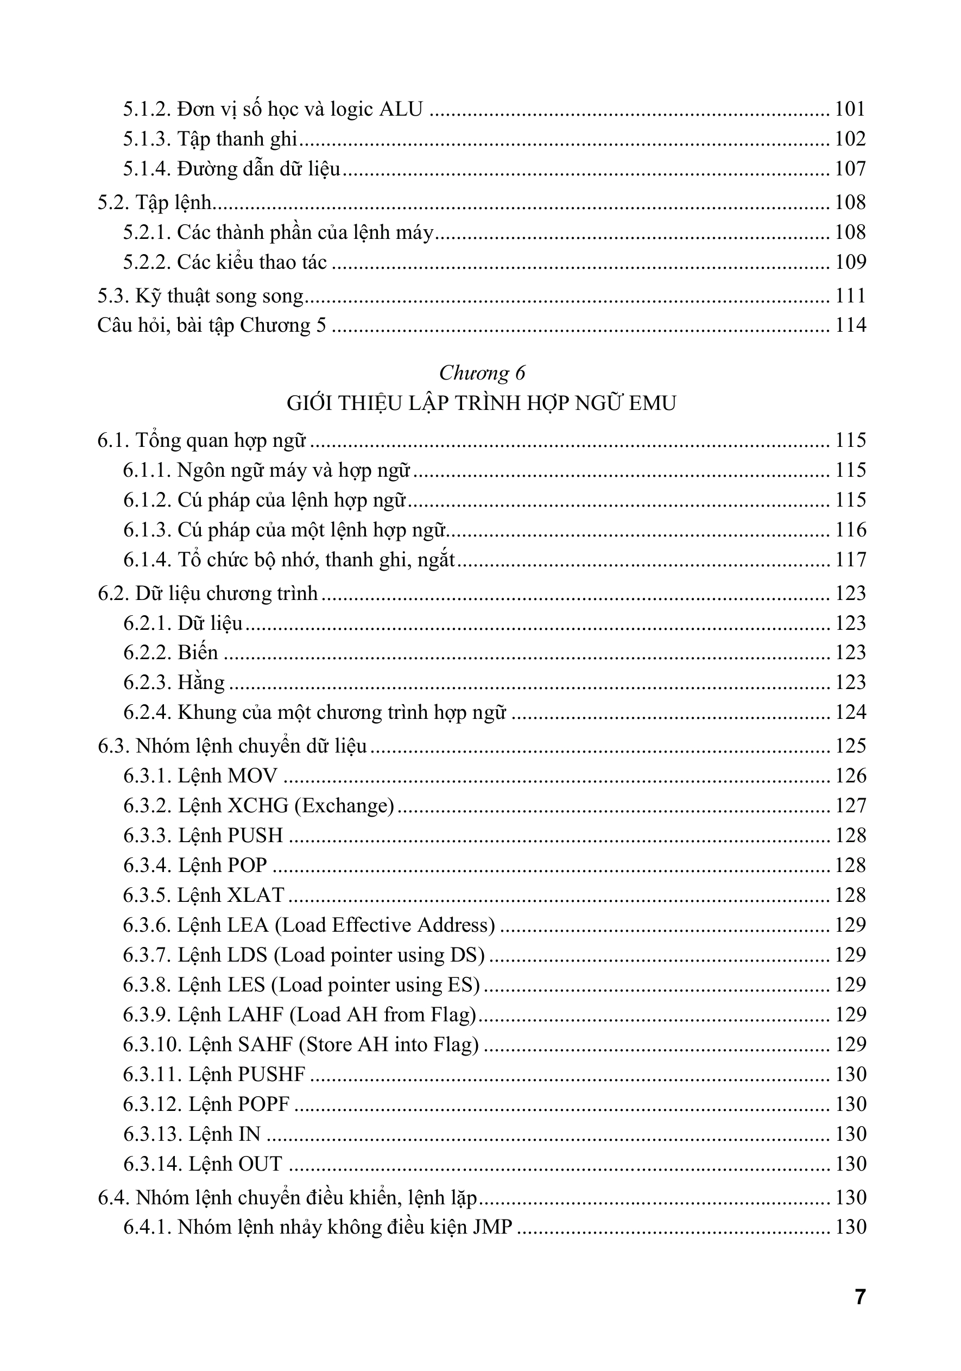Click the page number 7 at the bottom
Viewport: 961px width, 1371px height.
(859, 1298)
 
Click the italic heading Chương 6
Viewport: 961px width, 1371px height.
(482, 373)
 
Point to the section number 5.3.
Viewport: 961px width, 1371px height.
(113, 296)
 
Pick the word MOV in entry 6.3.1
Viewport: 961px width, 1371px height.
(252, 776)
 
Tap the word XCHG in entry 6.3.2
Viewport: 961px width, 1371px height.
(258, 806)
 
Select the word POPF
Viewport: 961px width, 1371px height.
(263, 1104)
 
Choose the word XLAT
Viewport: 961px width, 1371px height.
(256, 895)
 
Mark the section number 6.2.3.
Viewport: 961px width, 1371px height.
(147, 683)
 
